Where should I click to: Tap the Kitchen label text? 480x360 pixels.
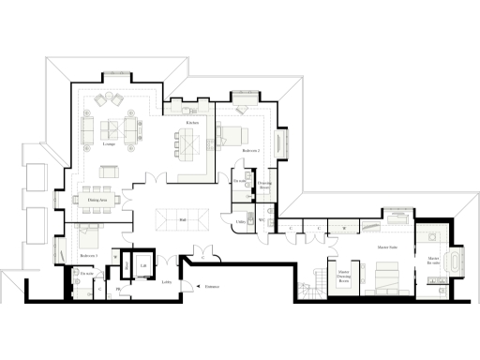coord(191,123)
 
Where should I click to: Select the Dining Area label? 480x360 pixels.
coord(96,200)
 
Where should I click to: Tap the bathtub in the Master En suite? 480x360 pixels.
coord(457,261)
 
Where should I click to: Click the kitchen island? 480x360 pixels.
coord(187,146)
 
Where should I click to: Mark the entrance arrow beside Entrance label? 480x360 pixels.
coord(198,287)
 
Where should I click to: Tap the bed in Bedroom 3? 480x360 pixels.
coord(91,235)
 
